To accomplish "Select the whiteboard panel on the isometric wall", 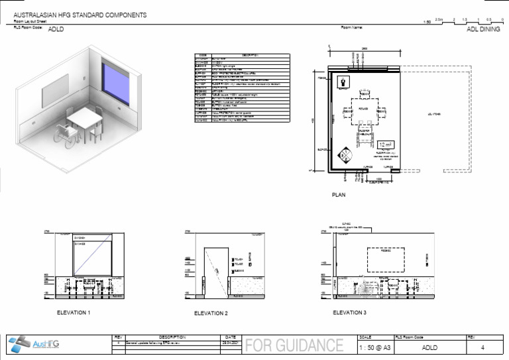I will (56, 97).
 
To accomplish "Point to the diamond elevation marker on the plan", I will (345, 156).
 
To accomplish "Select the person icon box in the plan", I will (344, 82).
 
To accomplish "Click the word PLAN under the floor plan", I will (339, 196).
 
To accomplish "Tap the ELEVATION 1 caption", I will (74, 312).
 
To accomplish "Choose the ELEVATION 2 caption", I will (211, 313).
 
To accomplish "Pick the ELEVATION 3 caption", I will (349, 312).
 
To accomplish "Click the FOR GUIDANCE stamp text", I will (295, 346).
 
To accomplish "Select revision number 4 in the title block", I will (482, 347).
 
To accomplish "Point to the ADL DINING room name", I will (483, 30).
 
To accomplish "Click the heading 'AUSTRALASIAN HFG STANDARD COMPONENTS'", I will (80, 15).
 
